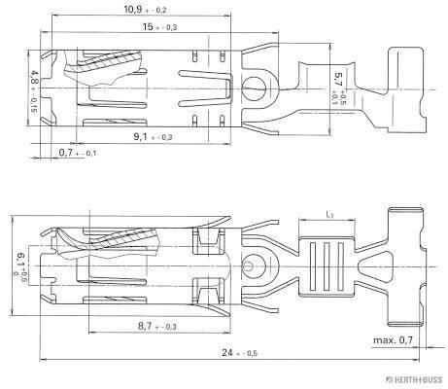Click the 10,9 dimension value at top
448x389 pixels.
(x=134, y=9)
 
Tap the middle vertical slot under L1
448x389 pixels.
(x=327, y=265)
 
